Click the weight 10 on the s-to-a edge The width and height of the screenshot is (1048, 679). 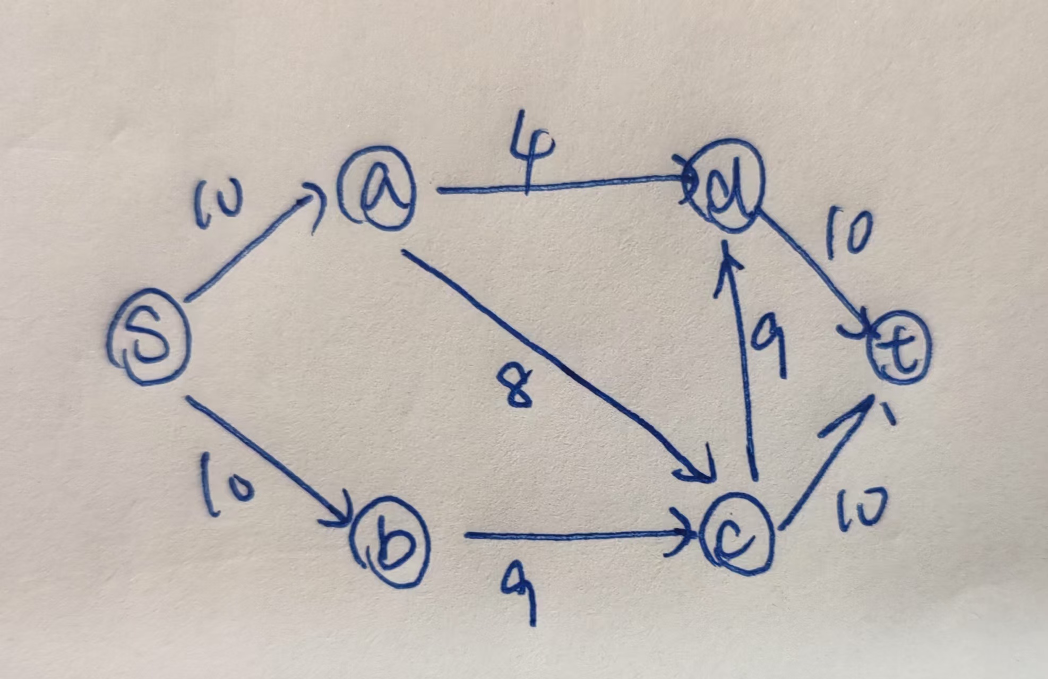(x=218, y=204)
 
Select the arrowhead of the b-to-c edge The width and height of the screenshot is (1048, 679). (x=685, y=534)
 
